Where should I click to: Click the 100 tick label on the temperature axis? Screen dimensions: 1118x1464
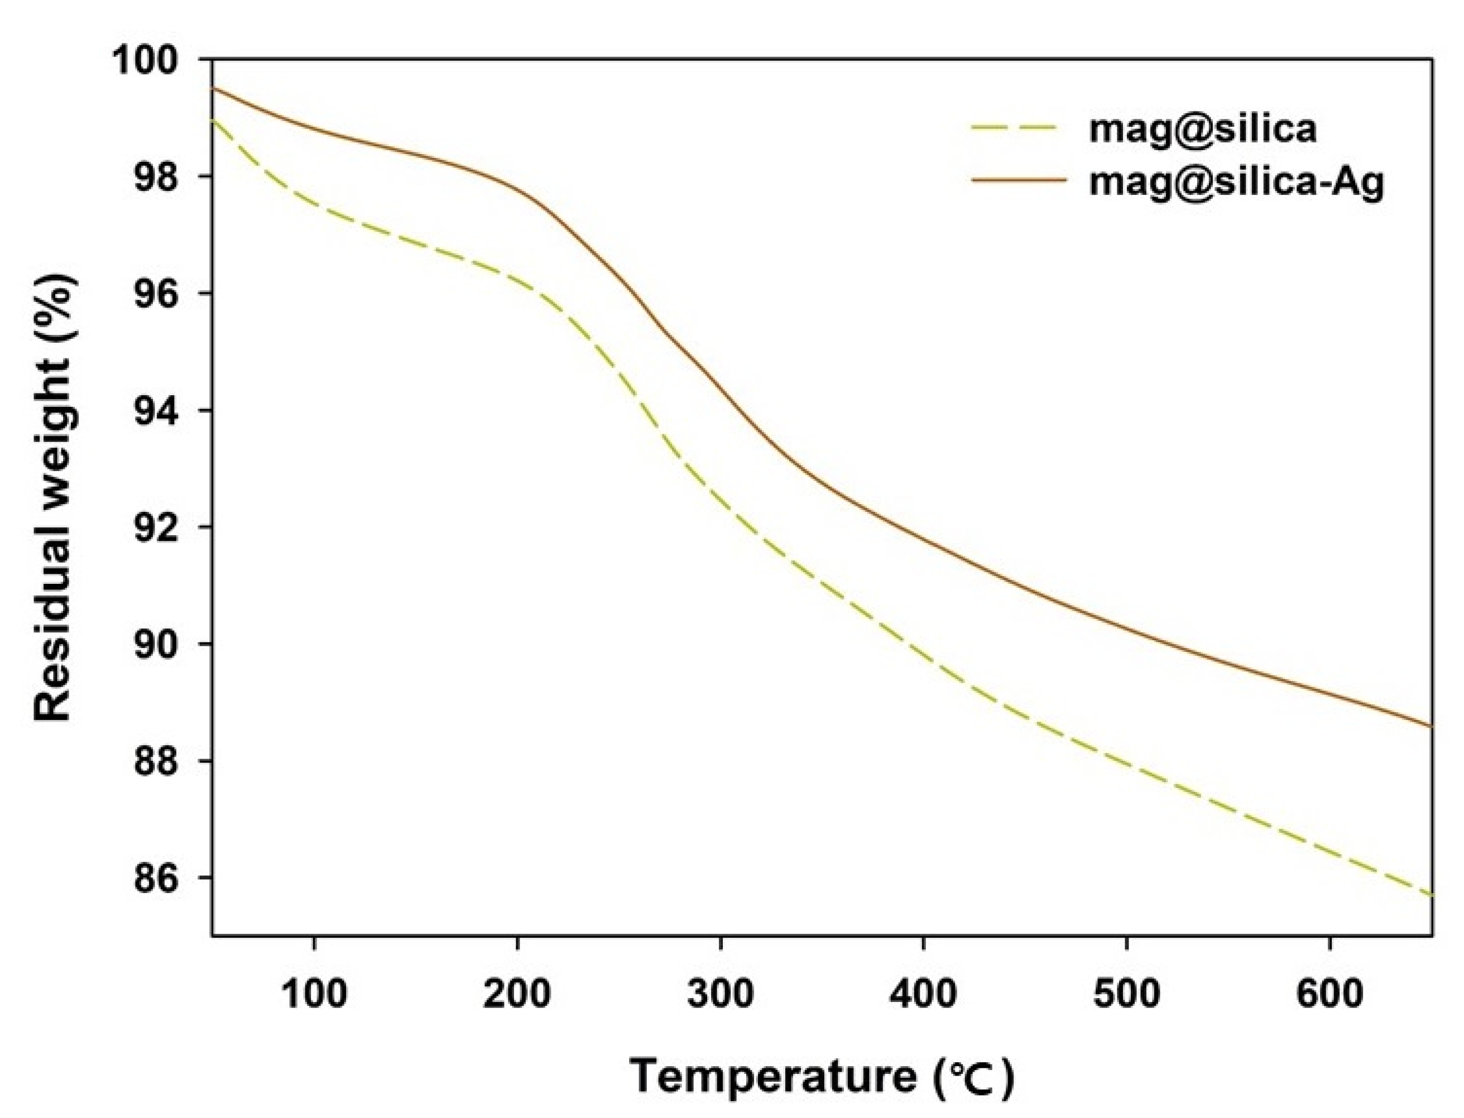314,994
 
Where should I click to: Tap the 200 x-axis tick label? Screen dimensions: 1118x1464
517,994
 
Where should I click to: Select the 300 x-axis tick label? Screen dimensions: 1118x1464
720,994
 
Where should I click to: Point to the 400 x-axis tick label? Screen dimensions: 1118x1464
924,994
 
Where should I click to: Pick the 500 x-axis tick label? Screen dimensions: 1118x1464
1127,994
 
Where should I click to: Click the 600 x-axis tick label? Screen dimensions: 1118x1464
1329,994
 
